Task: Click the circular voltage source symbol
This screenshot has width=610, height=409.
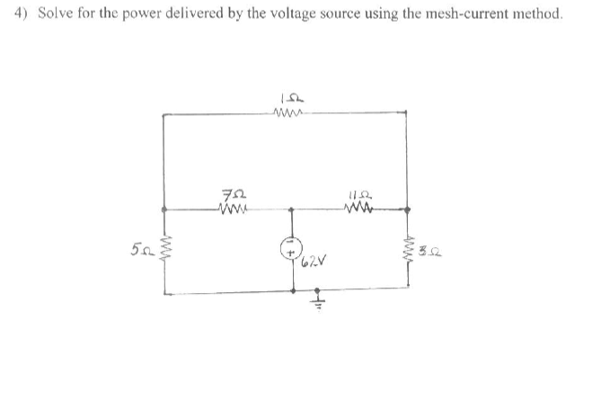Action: [x=291, y=245]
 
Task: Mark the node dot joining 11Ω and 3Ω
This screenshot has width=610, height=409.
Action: [x=408, y=209]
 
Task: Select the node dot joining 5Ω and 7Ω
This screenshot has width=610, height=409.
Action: [x=164, y=209]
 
